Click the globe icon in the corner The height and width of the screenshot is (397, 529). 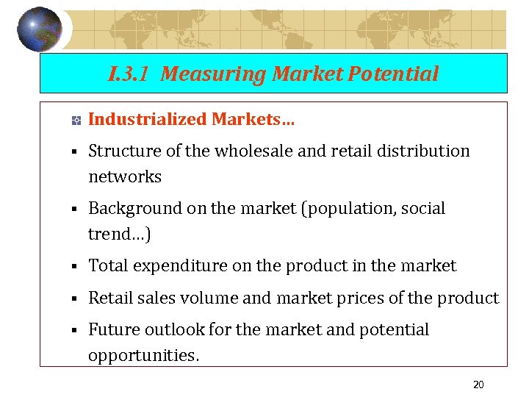pyautogui.click(x=40, y=29)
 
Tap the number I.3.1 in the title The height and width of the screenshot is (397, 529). pyautogui.click(x=130, y=74)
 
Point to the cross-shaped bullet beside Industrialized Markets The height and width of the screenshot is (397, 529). pyautogui.click(x=75, y=120)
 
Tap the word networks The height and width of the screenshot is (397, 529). pyautogui.click(x=125, y=176)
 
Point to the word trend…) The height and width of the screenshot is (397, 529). pyautogui.click(x=120, y=234)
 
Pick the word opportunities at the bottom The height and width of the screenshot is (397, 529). pyautogui.click(x=143, y=355)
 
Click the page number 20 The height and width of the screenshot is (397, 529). pyautogui.click(x=478, y=385)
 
